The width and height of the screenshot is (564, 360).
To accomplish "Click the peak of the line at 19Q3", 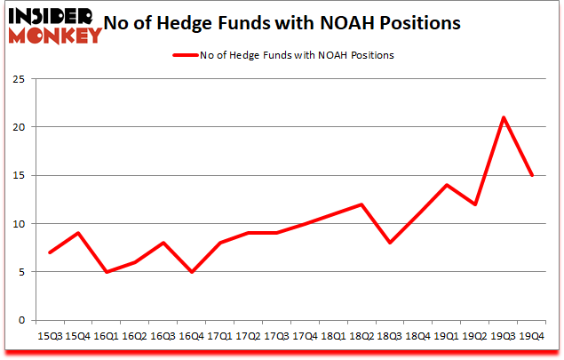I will [504, 117].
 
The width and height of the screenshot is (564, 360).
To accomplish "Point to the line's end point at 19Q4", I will [533, 175].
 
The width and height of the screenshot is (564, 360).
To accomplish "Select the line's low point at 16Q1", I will [107, 272].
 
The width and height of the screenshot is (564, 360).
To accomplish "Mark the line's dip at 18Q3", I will [391, 243].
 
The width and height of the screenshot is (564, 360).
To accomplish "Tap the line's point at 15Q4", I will [78, 233].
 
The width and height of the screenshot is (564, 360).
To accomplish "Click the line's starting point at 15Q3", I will [50, 252].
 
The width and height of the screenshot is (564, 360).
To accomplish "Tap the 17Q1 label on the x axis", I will [220, 338].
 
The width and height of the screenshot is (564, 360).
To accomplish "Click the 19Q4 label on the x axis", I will [533, 338].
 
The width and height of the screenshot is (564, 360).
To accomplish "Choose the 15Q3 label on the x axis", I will [50, 338].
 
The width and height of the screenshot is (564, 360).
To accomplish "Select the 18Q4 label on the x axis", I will [419, 338].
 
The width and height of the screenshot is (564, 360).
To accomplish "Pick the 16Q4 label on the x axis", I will [192, 338].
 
